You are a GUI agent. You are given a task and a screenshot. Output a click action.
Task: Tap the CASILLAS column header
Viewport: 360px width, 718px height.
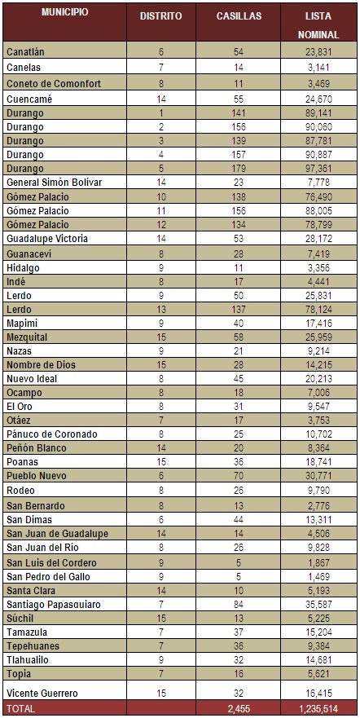click(239, 16)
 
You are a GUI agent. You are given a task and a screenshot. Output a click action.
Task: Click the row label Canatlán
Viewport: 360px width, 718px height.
click(26, 51)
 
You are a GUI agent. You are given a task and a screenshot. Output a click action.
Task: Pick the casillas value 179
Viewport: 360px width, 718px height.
click(239, 168)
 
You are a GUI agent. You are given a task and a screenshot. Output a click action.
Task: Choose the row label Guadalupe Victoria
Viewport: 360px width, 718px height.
click(46, 239)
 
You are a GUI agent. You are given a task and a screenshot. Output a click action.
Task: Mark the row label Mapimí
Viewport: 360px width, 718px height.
click(23, 323)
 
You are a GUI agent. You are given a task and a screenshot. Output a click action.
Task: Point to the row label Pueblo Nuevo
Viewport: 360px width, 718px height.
click(37, 477)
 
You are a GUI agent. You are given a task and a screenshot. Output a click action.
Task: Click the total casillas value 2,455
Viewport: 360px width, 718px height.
click(239, 709)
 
